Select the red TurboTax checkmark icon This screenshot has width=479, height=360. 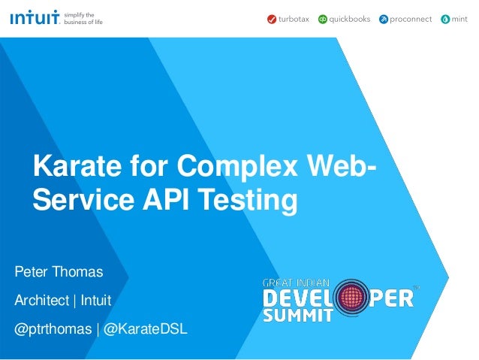pos(271,20)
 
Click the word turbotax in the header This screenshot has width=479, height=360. pos(294,20)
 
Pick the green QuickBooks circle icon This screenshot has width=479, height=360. pos(323,20)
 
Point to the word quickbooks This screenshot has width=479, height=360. pos(350,20)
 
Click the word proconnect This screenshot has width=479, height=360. pos(411,20)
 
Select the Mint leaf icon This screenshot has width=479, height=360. pos(446,20)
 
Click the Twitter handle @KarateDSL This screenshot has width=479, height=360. pos(146,330)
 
